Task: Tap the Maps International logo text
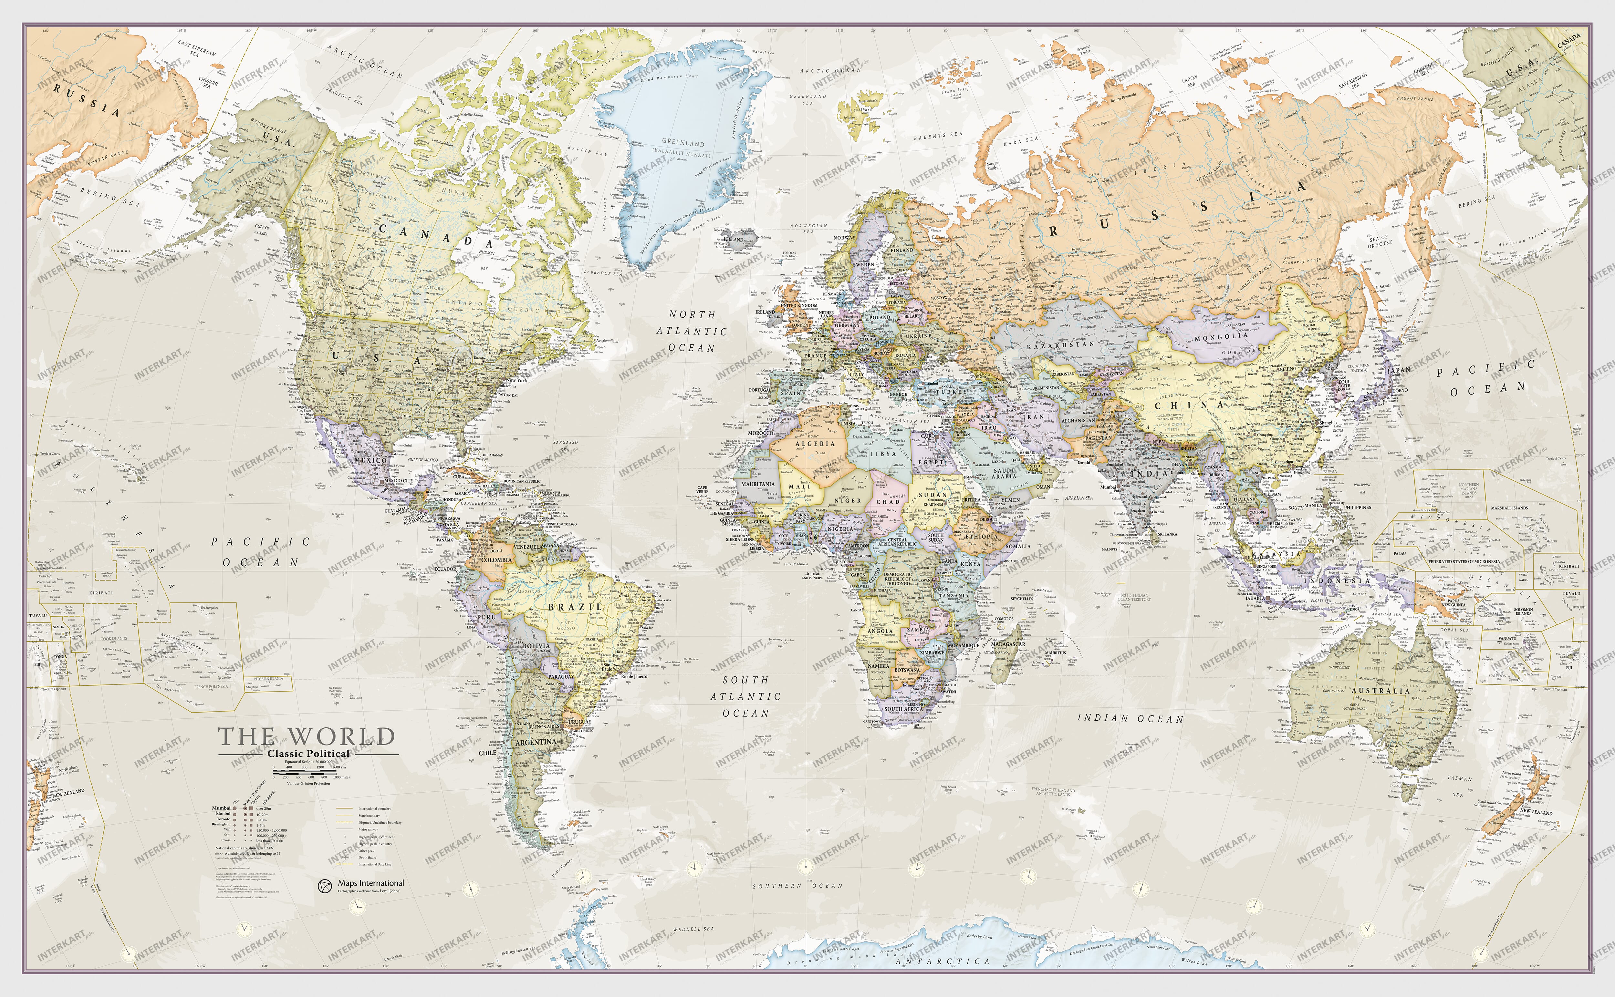pyautogui.click(x=371, y=883)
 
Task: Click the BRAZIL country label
pyautogui.click(x=575, y=607)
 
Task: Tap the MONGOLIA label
pyautogui.click(x=1221, y=337)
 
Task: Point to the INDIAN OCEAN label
pyautogui.click(x=1130, y=718)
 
